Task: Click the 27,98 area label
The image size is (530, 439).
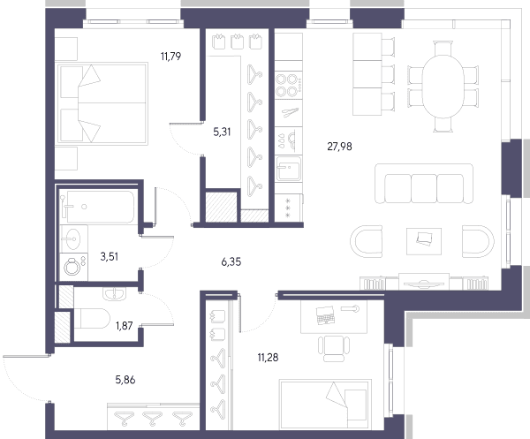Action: pos(339,147)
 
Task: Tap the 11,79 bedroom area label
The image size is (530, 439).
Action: pos(170,57)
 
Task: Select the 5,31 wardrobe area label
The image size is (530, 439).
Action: pos(222,132)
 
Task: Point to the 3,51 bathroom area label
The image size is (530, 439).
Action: pos(110,256)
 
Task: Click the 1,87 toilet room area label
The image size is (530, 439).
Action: pos(124,326)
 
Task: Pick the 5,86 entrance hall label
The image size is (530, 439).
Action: pos(125,380)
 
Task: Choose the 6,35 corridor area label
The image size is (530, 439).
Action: pos(231,262)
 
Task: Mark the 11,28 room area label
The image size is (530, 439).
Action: pos(268,358)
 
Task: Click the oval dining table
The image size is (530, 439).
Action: pos(443,87)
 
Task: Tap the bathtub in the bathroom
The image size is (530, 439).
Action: pos(97,207)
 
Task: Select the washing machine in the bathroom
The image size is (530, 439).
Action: pos(73,267)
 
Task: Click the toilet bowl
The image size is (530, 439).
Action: pos(91,319)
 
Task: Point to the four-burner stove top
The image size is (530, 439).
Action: pos(288,85)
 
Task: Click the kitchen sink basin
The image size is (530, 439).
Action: pos(288,169)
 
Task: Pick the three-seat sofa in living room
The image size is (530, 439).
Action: pos(424,184)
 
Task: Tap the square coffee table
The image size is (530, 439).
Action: pos(424,241)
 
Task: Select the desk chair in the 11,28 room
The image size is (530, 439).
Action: pos(334,349)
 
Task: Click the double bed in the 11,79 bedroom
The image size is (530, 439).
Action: pos(102,103)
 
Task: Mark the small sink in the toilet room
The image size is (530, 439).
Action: pos(114,293)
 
